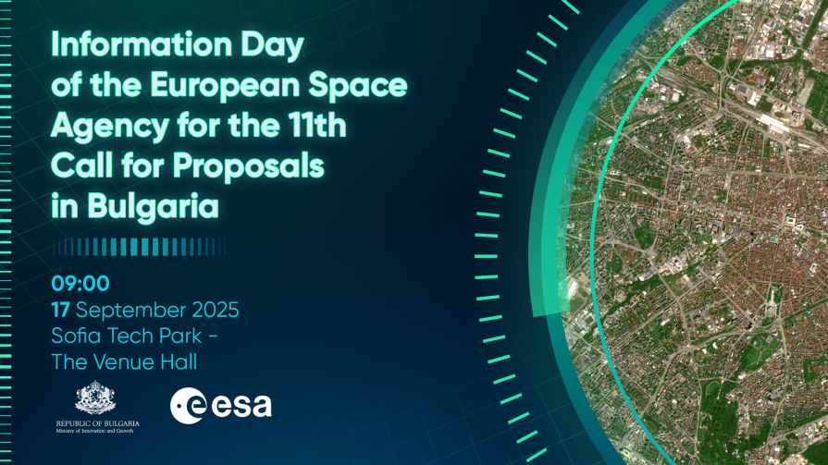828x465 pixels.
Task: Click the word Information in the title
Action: (x=142, y=44)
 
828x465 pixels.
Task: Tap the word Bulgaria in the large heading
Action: (x=154, y=207)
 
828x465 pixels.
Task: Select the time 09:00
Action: (x=80, y=284)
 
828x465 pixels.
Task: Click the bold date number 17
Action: (x=60, y=310)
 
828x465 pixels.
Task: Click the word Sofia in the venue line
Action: (x=74, y=336)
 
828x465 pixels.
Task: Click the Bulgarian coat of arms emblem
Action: (x=95, y=398)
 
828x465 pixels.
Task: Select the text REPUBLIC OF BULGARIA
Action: (x=98, y=423)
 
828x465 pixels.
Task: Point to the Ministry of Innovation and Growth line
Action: (x=95, y=431)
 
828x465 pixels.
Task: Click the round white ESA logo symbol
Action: (x=188, y=405)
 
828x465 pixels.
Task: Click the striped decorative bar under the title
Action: (x=140, y=247)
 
